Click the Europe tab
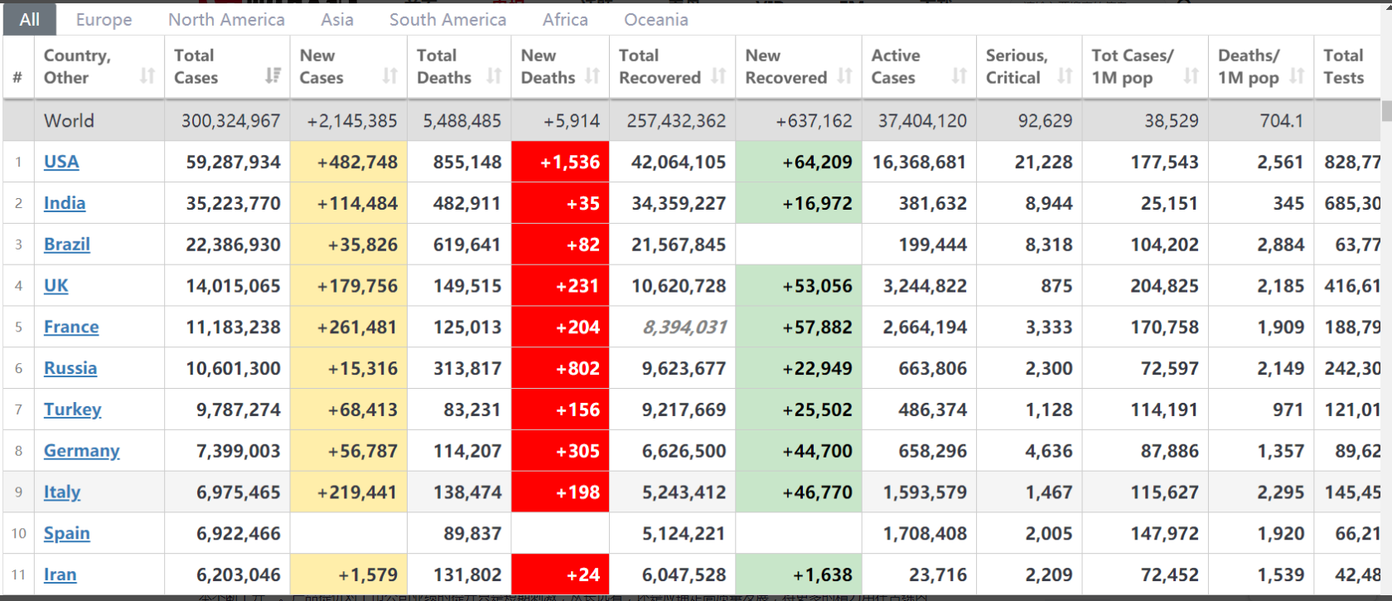(104, 19)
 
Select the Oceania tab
(655, 19)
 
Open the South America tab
(447, 19)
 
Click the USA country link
(61, 162)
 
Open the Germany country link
(81, 451)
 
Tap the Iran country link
(60, 574)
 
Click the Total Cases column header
(196, 66)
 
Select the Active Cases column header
(896, 66)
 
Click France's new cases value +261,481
(357, 327)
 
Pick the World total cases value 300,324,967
(230, 121)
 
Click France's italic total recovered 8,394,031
(684, 327)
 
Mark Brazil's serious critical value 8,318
(1048, 245)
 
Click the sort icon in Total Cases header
(273, 76)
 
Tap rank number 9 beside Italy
(18, 492)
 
